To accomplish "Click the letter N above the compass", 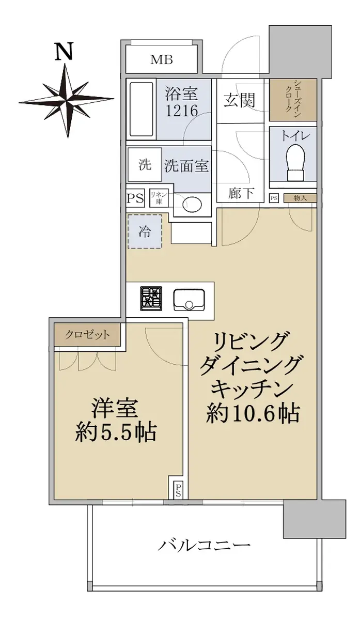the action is [x=64, y=51].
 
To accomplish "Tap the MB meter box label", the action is [x=162, y=59].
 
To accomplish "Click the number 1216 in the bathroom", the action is [x=181, y=111].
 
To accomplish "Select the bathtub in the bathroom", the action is [x=142, y=110].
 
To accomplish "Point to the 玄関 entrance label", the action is [x=239, y=100].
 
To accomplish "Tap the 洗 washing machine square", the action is [x=145, y=165].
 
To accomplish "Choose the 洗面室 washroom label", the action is [x=186, y=165].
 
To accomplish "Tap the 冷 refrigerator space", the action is [x=145, y=231].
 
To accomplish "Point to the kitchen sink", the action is [x=189, y=300].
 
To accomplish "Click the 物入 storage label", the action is [x=300, y=198].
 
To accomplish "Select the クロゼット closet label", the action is [x=87, y=335].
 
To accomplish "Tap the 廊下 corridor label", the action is [x=240, y=193].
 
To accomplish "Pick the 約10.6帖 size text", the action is [x=253, y=413].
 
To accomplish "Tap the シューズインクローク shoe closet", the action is [x=293, y=100].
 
